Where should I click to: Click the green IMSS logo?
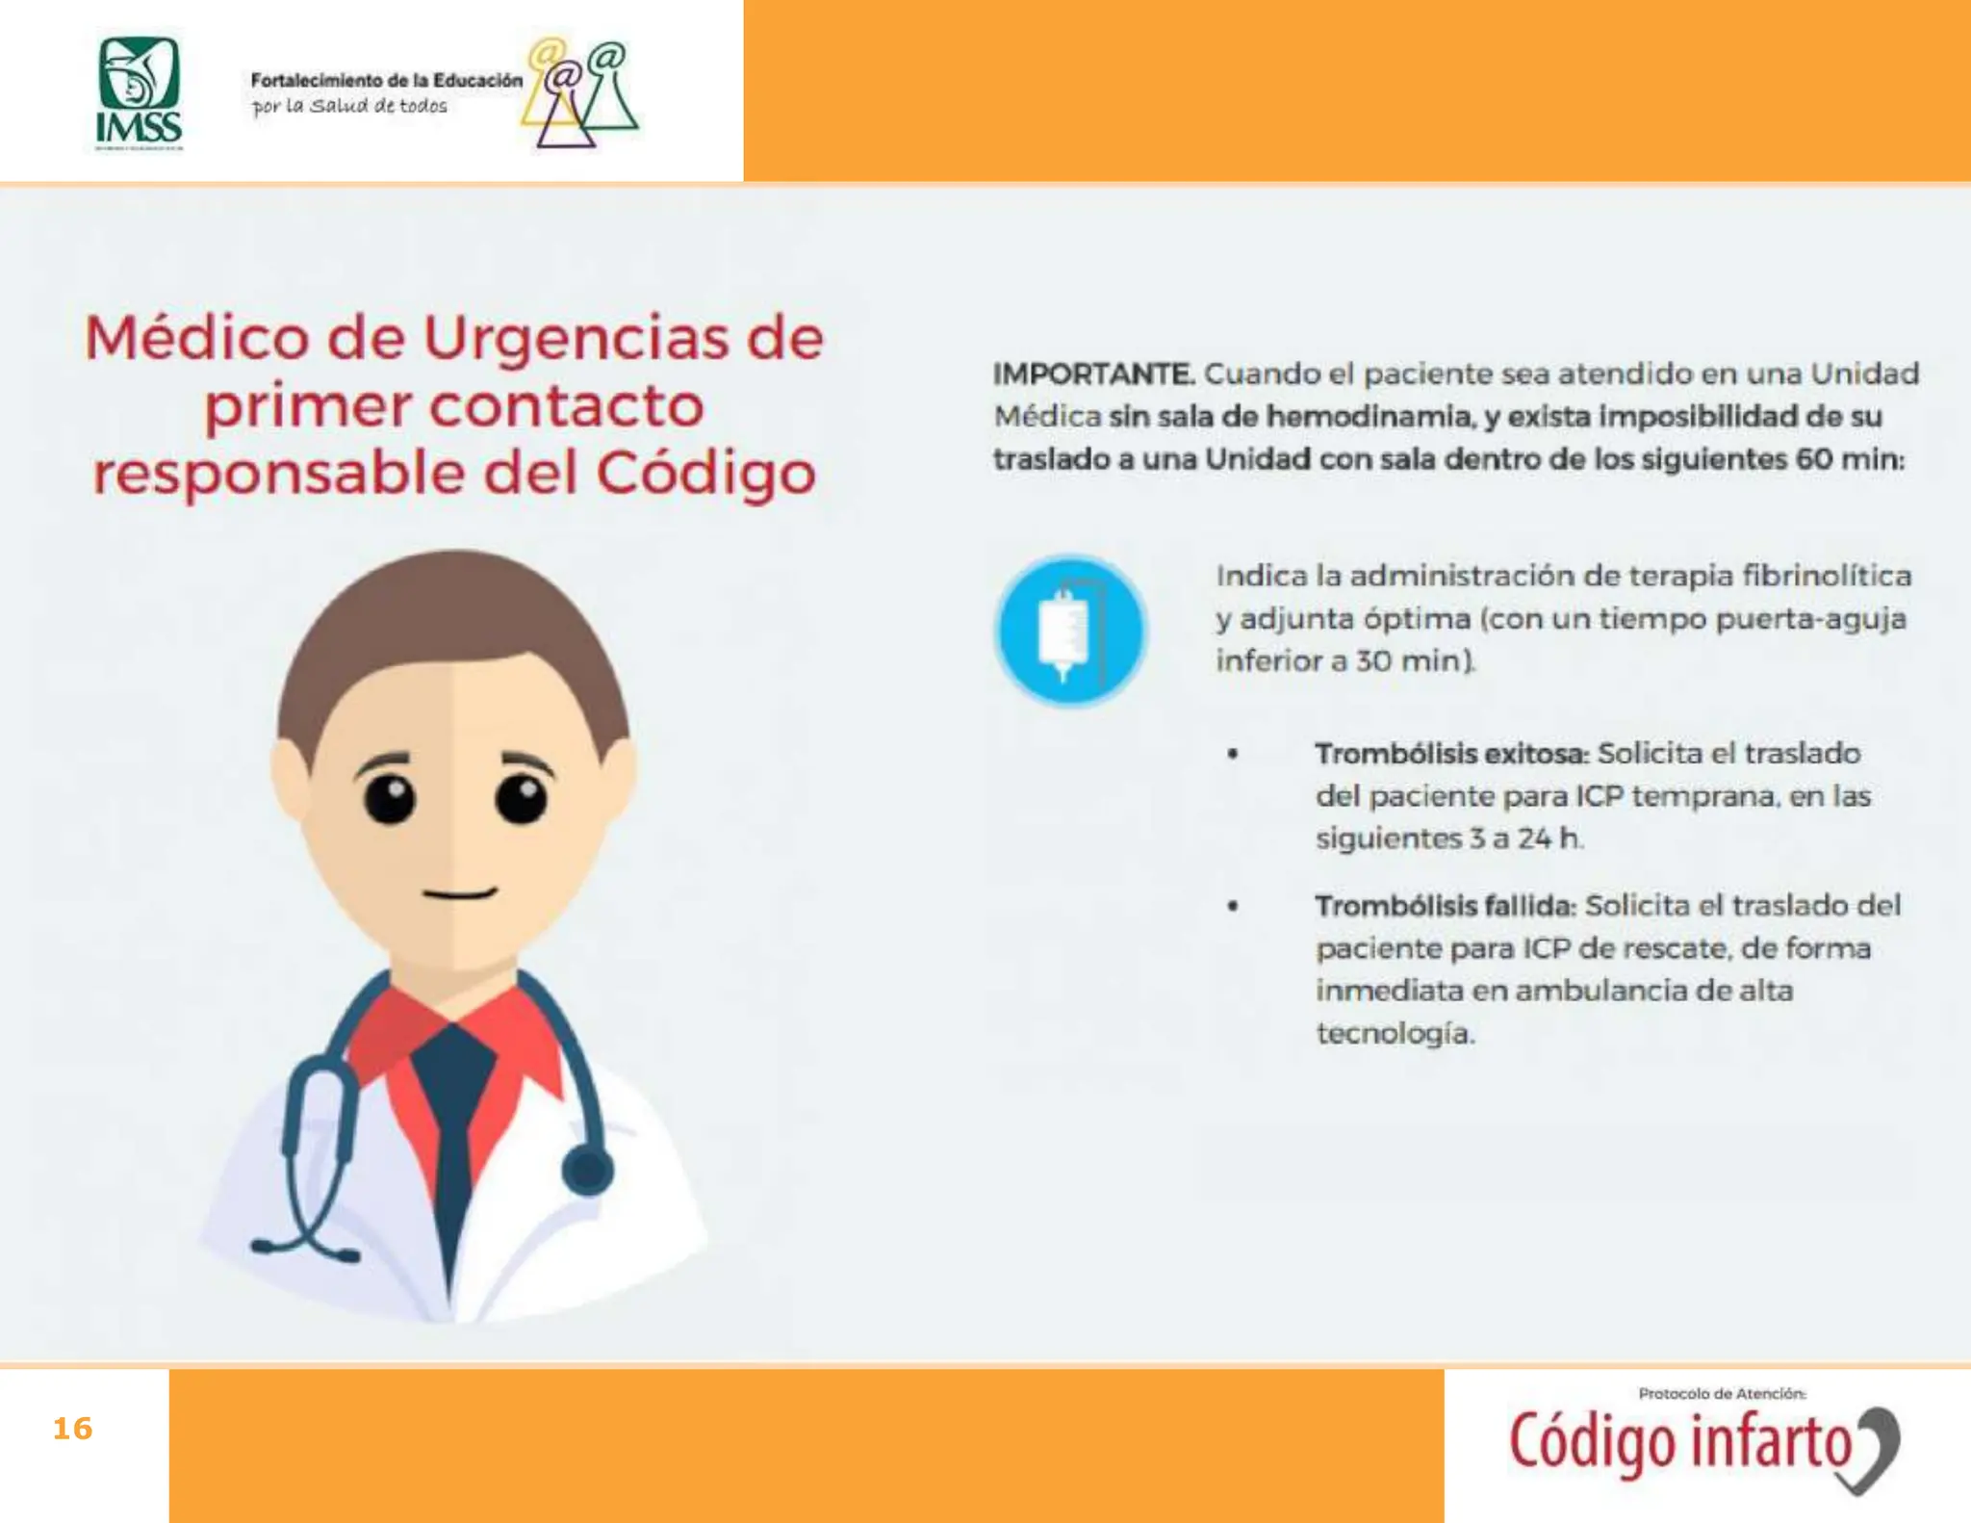[x=140, y=93]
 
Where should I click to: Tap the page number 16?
[x=72, y=1429]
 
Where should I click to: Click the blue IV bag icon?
[x=1069, y=630]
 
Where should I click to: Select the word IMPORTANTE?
[x=1093, y=374]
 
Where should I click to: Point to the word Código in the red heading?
[x=705, y=475]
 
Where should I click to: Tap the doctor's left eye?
[x=389, y=797]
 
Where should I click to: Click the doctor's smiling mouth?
[x=460, y=893]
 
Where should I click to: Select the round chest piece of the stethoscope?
[x=586, y=1171]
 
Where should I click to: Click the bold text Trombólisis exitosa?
[x=1451, y=754]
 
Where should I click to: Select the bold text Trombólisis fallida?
[x=1445, y=906]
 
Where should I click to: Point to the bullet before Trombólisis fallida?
[x=1232, y=906]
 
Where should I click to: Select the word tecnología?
[x=1395, y=1034]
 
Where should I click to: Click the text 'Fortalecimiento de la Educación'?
[x=386, y=81]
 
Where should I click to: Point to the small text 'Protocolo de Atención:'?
[x=1722, y=1393]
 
